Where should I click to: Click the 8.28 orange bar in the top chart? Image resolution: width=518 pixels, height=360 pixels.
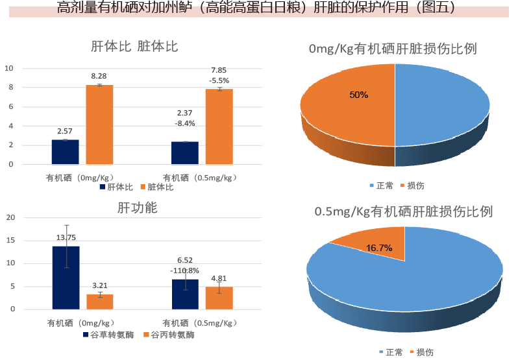(100, 125)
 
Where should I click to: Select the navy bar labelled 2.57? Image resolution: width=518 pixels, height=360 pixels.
(65, 152)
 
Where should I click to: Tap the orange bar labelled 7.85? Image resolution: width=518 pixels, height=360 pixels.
(219, 126)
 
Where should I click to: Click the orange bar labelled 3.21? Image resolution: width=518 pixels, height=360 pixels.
(100, 302)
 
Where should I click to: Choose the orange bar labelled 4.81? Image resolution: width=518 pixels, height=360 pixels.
(219, 298)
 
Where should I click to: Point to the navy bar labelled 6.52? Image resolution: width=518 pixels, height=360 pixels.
(185, 294)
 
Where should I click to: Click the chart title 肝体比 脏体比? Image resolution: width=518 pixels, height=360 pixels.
(134, 47)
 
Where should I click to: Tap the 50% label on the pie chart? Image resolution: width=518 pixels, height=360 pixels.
(358, 95)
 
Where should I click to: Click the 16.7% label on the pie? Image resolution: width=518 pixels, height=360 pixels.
(379, 248)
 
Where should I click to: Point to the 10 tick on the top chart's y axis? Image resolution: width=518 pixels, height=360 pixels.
(9, 68)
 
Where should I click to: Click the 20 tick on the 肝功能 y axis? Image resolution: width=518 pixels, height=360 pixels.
(9, 218)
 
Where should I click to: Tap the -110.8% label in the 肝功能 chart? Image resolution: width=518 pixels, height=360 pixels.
(184, 270)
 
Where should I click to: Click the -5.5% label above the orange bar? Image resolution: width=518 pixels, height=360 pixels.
(219, 80)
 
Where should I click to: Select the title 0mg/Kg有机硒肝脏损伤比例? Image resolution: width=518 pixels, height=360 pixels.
(393, 49)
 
